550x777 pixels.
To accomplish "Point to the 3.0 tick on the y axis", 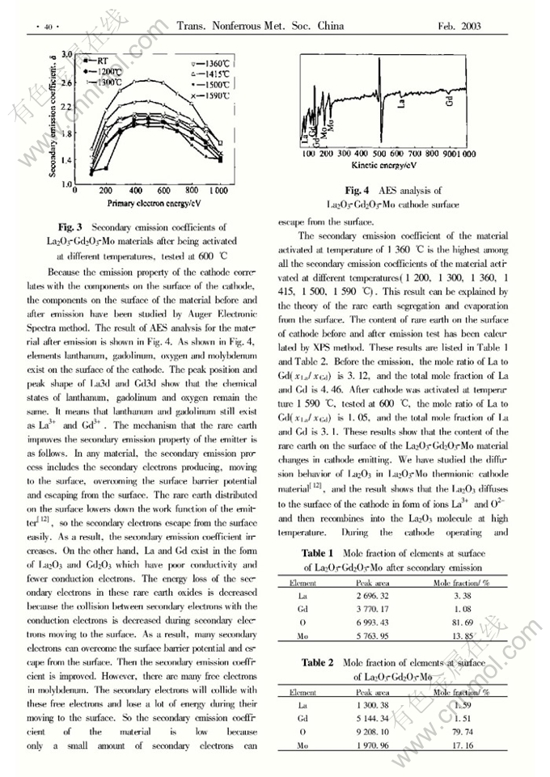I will point(68,54).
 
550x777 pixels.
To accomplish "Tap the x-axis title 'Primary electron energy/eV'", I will point(154,203).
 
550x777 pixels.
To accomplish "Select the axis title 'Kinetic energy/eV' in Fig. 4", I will point(384,164).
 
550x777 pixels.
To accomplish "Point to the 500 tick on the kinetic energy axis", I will point(379,153).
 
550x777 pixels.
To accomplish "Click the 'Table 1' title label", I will point(318,553).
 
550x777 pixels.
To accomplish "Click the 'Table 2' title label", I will point(318,662).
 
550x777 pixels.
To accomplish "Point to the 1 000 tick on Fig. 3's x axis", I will point(216,192).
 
